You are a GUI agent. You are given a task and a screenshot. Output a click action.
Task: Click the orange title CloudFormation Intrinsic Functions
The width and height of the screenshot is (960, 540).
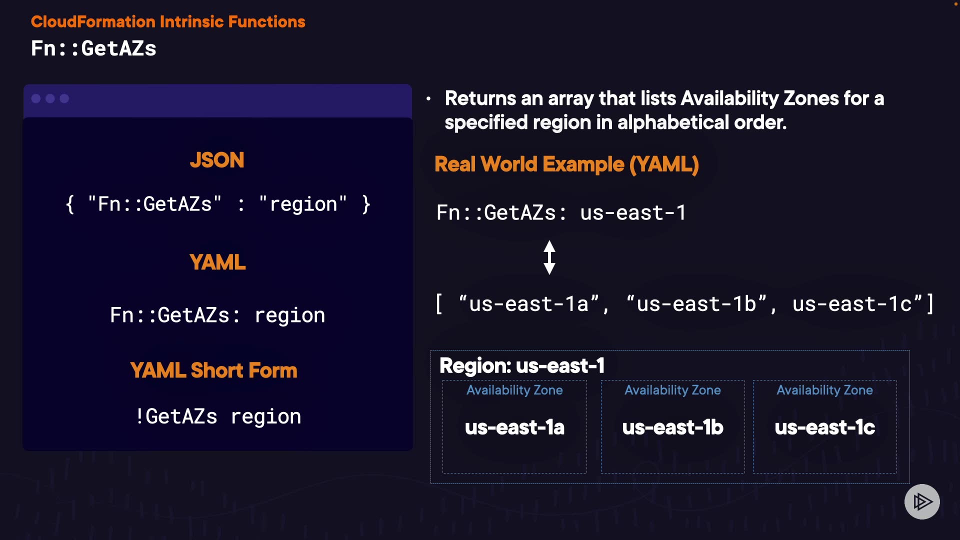[x=168, y=21]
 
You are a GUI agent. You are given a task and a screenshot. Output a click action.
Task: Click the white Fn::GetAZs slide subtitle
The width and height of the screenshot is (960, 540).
[x=93, y=48]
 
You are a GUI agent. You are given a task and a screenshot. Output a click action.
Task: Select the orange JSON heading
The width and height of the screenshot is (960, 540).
[x=217, y=160]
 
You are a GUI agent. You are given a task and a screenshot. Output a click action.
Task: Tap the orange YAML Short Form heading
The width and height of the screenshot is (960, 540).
[x=213, y=370]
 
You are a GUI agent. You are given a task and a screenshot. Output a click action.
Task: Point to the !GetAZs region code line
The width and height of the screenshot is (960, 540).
[x=218, y=416]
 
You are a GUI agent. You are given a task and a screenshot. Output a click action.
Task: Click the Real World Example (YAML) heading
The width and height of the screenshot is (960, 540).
[x=566, y=164]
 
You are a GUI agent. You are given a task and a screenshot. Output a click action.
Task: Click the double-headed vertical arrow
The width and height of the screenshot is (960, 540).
[x=549, y=257]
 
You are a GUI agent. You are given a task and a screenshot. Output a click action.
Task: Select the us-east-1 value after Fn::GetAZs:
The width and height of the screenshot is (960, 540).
[x=633, y=213]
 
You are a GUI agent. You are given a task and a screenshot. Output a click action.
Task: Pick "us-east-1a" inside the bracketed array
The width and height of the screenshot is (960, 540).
[x=528, y=304]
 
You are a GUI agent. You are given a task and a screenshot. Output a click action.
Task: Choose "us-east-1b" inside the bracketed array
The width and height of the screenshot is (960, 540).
[x=696, y=304]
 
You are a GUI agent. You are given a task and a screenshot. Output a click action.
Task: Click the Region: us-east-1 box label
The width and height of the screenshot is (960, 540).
[x=522, y=365]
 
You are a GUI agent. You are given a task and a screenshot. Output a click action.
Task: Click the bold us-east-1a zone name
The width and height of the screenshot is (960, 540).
[x=514, y=427]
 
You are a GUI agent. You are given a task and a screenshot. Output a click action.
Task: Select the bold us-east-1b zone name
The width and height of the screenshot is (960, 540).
[x=673, y=427]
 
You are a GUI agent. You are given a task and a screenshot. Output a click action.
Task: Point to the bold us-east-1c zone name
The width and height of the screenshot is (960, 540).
[x=825, y=427]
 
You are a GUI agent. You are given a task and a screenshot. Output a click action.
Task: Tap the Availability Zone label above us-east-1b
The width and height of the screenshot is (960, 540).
[x=673, y=390]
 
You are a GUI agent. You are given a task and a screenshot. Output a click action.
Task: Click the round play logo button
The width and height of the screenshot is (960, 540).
[x=922, y=501]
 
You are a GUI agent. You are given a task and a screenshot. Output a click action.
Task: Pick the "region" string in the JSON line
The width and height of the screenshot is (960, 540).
[x=302, y=204]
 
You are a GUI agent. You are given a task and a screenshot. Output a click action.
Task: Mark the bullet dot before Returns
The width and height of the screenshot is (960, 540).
[x=428, y=99]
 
